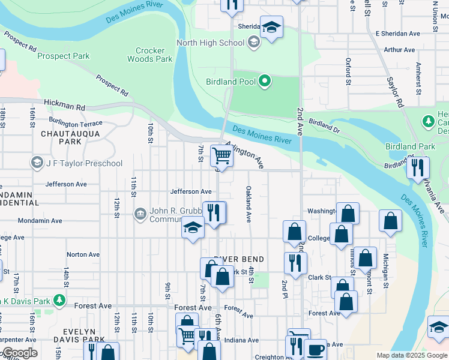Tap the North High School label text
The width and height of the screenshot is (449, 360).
coord(210,43)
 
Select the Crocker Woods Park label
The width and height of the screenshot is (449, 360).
coord(150,55)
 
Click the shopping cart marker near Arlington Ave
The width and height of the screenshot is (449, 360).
coord(221,157)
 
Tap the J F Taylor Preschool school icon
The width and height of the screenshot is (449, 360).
coord(37,163)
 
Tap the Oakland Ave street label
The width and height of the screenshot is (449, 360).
coord(247,204)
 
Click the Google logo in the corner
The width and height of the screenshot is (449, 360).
coord(19,353)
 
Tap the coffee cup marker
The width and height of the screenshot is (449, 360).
coord(315,350)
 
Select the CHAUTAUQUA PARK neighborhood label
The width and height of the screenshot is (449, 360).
coord(61,137)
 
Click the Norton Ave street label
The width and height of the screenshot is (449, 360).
coord(83,254)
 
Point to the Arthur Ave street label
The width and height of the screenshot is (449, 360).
coord(399,50)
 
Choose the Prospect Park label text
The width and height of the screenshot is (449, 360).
coord(63,56)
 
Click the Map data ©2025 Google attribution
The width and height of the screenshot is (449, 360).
coord(411,355)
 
